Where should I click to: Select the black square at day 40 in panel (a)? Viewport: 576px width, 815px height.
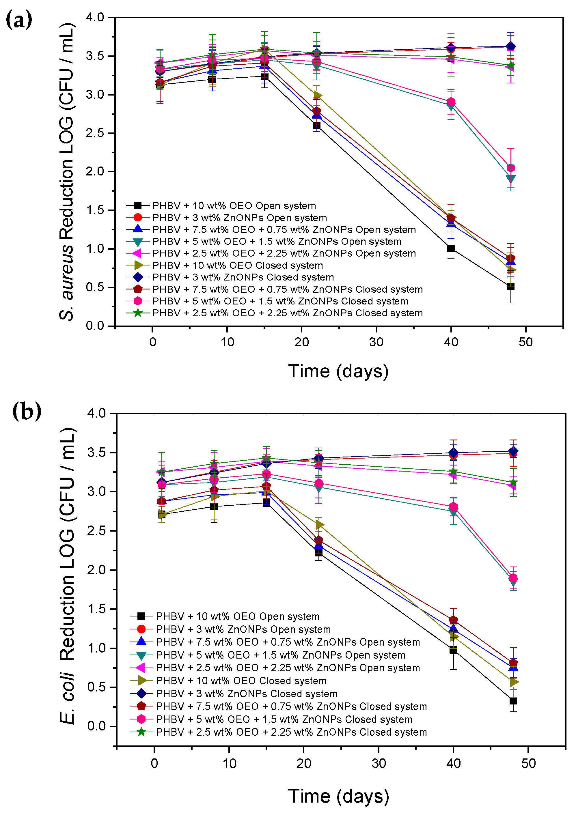pos(451,248)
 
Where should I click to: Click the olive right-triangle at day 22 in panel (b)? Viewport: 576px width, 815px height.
pos(320,524)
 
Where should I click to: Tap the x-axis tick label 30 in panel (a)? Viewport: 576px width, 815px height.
pos(376,342)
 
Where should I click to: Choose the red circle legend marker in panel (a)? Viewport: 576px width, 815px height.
pos(137,217)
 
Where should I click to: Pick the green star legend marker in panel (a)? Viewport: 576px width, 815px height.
pos(137,313)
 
